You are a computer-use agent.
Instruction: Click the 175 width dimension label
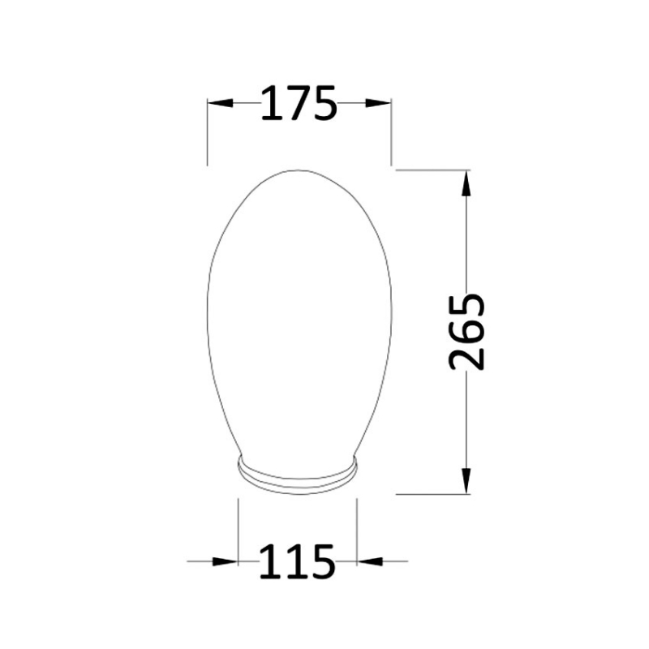click(x=298, y=103)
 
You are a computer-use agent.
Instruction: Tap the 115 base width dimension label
click(x=297, y=561)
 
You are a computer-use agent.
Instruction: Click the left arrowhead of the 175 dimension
click(x=220, y=103)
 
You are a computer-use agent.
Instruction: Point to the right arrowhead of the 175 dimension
click(x=379, y=103)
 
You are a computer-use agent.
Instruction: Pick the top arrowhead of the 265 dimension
click(x=466, y=182)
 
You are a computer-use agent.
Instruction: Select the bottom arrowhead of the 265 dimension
click(x=466, y=481)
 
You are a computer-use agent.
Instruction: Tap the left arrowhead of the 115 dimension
click(x=226, y=561)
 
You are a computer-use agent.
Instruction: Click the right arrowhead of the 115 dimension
click(x=369, y=561)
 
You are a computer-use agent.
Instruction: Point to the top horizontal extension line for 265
click(x=430, y=170)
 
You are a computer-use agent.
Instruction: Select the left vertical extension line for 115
click(x=238, y=527)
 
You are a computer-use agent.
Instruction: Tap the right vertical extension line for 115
click(x=357, y=527)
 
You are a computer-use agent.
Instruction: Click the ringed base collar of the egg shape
click(x=297, y=479)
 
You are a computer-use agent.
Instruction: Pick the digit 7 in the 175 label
click(x=297, y=103)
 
